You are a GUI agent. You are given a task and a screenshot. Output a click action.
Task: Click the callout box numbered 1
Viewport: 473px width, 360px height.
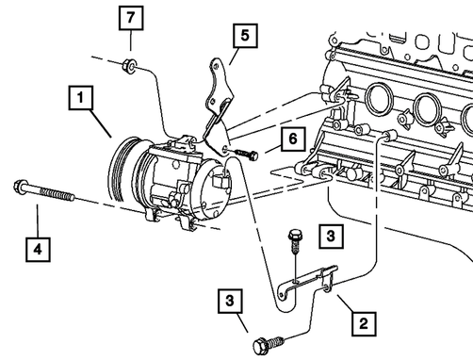(x=81, y=98)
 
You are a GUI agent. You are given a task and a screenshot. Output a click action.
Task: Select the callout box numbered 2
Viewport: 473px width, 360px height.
(x=364, y=323)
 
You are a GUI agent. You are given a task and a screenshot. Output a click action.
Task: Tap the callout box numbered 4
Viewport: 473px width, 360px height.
(x=38, y=250)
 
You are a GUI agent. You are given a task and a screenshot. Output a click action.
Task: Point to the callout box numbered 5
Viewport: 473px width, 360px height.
(x=245, y=36)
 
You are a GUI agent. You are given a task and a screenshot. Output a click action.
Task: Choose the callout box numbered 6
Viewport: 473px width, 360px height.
(x=293, y=139)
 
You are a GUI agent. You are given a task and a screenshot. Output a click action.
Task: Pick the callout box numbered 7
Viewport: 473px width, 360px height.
(x=131, y=18)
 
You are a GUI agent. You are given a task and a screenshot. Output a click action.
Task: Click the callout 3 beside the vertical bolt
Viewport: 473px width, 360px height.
(x=331, y=237)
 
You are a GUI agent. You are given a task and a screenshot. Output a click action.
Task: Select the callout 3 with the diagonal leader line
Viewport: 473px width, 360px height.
(x=230, y=301)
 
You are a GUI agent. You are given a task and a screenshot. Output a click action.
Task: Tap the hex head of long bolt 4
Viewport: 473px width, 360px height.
(x=19, y=187)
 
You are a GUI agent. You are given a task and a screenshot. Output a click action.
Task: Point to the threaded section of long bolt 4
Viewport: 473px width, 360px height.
(x=57, y=193)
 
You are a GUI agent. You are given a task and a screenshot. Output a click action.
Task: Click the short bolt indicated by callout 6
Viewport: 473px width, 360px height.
(x=246, y=154)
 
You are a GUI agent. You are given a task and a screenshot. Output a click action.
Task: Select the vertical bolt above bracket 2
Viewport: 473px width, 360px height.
(x=295, y=241)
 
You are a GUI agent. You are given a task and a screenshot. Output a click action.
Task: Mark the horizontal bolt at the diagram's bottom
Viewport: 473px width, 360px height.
(x=268, y=345)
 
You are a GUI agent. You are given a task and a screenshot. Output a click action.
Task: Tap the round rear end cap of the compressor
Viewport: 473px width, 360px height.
(x=215, y=188)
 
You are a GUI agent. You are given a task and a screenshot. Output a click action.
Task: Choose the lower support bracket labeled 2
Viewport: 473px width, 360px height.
(x=309, y=281)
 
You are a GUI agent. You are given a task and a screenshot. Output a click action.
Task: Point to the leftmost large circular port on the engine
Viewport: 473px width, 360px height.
(x=380, y=99)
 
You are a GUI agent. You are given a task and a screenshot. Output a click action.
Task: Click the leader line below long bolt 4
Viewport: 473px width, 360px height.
(x=38, y=221)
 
